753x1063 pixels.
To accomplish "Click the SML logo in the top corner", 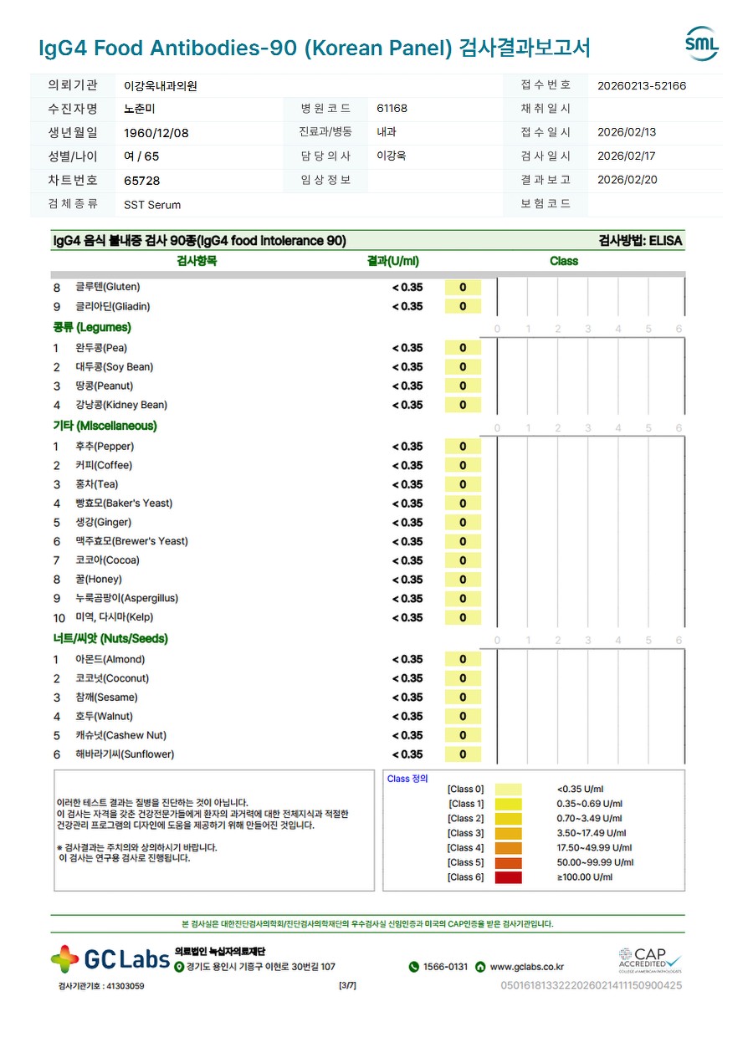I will pos(701,44).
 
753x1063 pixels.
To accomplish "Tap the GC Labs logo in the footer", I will pos(110,959).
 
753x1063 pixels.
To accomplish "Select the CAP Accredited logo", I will pos(650,959).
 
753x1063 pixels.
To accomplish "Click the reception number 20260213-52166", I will pos(642,85).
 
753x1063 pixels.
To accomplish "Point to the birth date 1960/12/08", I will pos(156,133).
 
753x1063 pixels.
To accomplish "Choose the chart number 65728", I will pos(141,181).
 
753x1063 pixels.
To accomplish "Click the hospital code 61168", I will pos(392,109).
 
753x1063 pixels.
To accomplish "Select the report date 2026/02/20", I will pos(627,180).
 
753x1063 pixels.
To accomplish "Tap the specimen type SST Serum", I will pos(152,205).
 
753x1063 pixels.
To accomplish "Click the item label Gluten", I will pos(108,287).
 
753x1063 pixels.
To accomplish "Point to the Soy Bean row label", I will pos(115,367).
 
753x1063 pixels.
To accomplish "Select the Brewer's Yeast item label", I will pos(131,541).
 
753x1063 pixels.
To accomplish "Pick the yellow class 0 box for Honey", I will pos(463,580).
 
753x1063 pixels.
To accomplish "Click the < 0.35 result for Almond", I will pos(407,659).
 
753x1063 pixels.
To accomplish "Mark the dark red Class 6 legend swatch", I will pos(508,877).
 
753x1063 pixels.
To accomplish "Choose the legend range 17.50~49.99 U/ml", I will pos(594,848).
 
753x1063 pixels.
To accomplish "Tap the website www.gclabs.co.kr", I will pos(526,967).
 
